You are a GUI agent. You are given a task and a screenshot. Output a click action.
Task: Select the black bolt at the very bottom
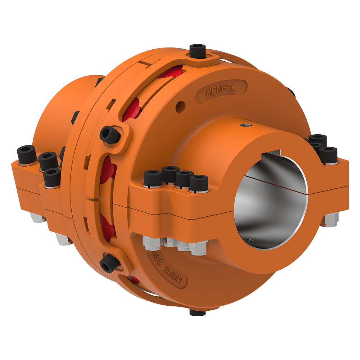click(x=197, y=312)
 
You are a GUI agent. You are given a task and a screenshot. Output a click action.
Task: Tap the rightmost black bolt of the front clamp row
click(x=199, y=183)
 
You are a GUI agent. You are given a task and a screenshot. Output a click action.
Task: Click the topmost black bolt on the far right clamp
click(x=318, y=139)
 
